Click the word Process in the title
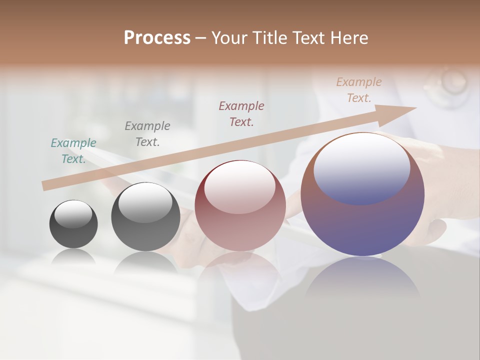[157, 38]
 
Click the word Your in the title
[230, 38]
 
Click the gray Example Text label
[147, 134]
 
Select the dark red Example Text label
[241, 114]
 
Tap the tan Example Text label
[359, 90]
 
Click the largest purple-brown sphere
[362, 215]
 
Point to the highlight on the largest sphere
[361, 167]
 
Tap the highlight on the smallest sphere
[73, 214]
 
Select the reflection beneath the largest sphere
[362, 280]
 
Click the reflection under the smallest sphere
[73, 257]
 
